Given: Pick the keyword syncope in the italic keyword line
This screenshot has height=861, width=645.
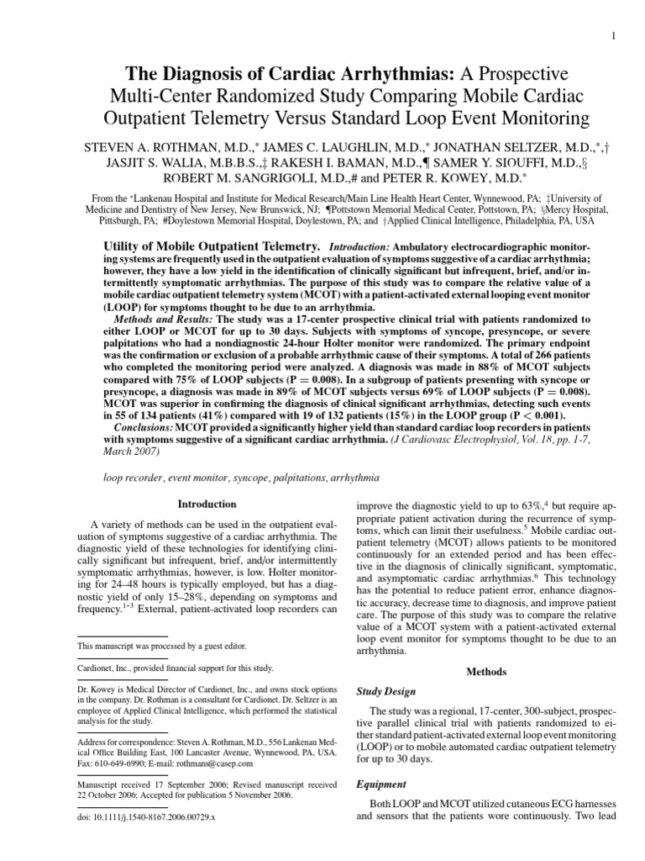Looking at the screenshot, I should point(241,478).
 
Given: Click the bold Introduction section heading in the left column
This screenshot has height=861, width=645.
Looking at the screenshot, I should point(206,504).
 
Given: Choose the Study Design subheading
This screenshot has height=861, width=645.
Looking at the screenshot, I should point(386,692).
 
